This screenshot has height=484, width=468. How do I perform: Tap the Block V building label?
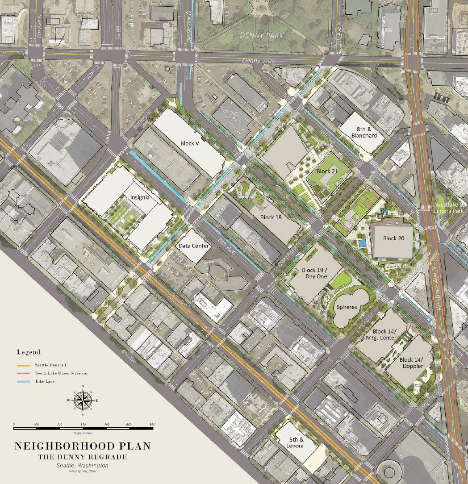[190, 143]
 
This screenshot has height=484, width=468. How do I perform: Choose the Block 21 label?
[327, 171]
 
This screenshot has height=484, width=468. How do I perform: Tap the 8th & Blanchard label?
[364, 132]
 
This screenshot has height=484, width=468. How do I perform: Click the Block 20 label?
[393, 238]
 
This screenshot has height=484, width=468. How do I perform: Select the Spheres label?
[347, 307]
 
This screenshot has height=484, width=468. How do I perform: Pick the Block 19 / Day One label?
[314, 273]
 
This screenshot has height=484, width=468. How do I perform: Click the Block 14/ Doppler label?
[412, 363]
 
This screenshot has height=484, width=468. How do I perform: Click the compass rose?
[83, 400]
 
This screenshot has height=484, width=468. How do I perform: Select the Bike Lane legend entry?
[45, 381]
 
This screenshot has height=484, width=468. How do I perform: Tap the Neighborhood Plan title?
[83, 446]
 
